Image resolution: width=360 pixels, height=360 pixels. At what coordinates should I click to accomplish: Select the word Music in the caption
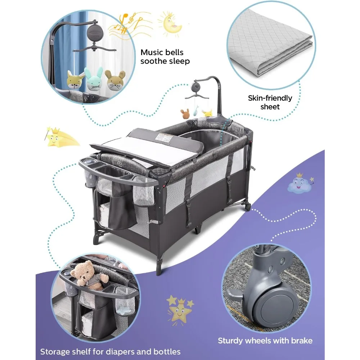click(x=152, y=52)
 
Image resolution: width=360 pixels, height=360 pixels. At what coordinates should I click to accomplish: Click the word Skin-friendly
click(x=270, y=98)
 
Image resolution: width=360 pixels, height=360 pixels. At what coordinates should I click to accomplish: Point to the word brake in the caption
click(x=302, y=341)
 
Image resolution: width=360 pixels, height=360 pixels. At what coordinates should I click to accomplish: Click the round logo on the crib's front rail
click(x=120, y=163)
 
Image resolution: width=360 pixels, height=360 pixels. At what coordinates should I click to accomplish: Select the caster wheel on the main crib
click(x=248, y=206)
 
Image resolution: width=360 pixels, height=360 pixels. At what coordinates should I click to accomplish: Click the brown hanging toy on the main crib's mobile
click(x=185, y=113)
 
